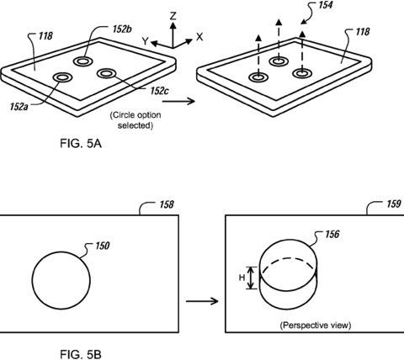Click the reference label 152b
tap(122, 29)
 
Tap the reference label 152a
tap(19, 107)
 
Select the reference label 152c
tap(159, 91)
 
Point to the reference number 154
tap(325, 5)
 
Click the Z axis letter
tap(173, 16)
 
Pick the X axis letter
tap(199, 37)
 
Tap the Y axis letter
tap(145, 41)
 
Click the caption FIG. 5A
tap(81, 144)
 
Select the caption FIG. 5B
tap(81, 354)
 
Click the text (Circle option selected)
tap(136, 120)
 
